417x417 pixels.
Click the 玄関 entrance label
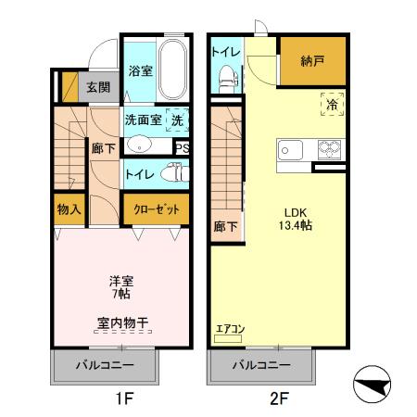97,88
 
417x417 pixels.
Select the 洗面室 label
143,120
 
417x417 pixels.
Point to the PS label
182,147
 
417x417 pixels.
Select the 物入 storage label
69,209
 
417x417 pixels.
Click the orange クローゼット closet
156,209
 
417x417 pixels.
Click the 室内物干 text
123,323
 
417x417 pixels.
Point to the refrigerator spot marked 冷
331,105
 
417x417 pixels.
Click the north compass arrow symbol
375,384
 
